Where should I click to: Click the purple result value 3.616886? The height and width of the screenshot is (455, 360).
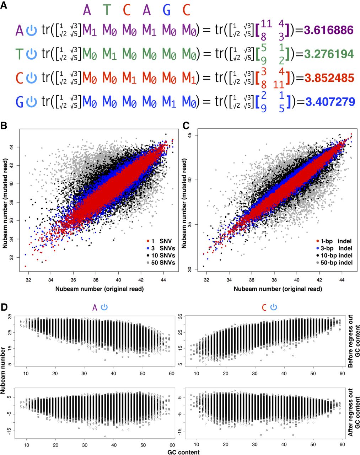(329, 30)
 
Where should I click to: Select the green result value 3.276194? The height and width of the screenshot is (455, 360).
(329, 54)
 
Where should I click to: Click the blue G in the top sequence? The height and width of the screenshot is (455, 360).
(167, 10)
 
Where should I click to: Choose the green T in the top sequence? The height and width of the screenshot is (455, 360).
(107, 10)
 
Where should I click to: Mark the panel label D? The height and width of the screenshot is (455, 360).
(4, 307)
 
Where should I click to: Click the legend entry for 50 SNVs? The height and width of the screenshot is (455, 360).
(161, 263)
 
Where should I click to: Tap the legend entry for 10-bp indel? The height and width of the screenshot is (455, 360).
(334, 256)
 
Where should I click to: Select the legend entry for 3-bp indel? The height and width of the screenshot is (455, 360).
(334, 248)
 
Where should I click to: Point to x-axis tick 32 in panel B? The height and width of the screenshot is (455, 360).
(28, 280)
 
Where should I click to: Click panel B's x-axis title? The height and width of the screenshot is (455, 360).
(100, 289)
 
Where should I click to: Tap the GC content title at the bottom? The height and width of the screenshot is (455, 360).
(183, 452)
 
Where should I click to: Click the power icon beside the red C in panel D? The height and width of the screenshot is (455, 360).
(274, 307)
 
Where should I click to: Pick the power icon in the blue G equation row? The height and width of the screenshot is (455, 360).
(32, 102)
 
